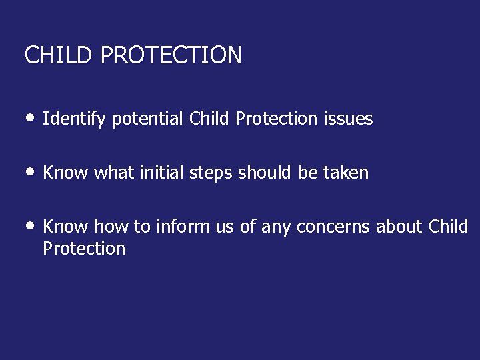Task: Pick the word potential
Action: click(147, 119)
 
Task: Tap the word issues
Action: click(348, 119)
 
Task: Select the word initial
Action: click(162, 173)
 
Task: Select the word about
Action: click(399, 227)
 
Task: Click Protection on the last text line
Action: click(84, 249)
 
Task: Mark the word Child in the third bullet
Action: click(449, 227)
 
